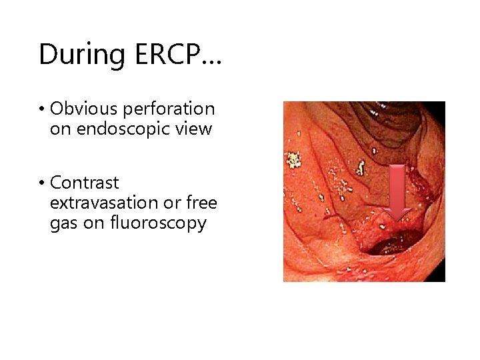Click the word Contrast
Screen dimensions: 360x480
point(85,183)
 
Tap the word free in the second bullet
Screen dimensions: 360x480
point(201,203)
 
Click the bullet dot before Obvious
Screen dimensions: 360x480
point(42,109)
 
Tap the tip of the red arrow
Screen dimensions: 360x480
point(399,219)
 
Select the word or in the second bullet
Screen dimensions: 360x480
point(172,203)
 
